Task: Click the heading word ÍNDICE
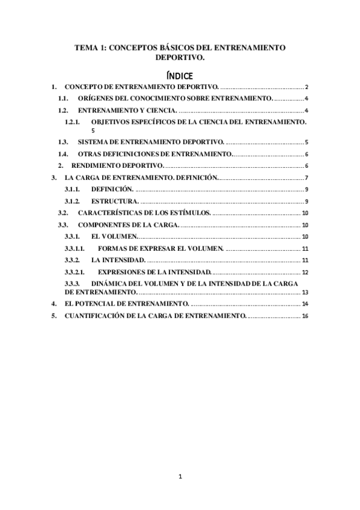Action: pos(179,76)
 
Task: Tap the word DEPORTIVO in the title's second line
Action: pos(178,58)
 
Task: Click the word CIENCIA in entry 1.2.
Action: pos(159,111)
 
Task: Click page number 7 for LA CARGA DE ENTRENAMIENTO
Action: pos(306,178)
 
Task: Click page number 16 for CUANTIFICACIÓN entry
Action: pos(305,316)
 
